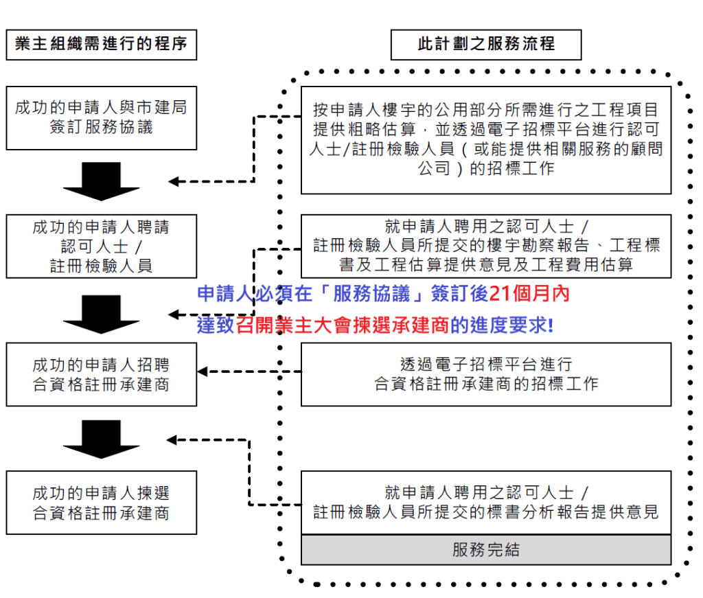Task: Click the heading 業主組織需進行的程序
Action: (x=101, y=45)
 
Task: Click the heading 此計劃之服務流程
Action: (x=486, y=45)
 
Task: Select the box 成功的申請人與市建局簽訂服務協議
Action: (x=101, y=117)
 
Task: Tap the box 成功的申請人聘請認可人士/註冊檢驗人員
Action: (x=101, y=246)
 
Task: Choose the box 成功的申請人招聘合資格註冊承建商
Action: (x=101, y=374)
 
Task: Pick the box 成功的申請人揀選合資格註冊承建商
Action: (x=101, y=503)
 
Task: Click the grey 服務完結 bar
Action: (x=486, y=550)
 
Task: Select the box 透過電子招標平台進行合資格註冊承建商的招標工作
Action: (x=486, y=374)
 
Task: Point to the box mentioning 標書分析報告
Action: (x=486, y=502)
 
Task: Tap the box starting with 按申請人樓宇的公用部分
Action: (x=486, y=139)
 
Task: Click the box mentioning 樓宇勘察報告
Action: (x=486, y=246)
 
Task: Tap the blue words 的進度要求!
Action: (x=501, y=325)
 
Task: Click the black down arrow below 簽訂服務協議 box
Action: (x=101, y=181)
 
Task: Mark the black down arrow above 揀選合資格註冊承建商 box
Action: (x=101, y=438)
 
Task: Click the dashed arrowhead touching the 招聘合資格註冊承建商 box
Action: (x=203, y=371)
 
